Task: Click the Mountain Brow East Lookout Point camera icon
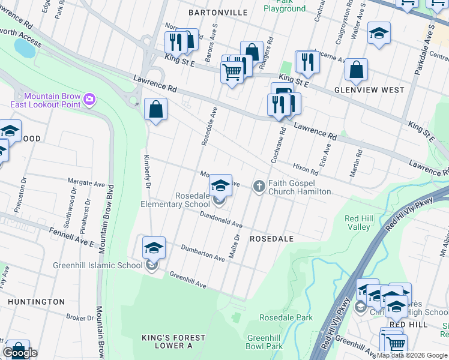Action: pyautogui.click(x=89, y=98)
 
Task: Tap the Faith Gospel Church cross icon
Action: pyautogui.click(x=259, y=186)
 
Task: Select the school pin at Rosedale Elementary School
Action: pyautogui.click(x=220, y=185)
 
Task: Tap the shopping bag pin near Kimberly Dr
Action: pyautogui.click(x=155, y=110)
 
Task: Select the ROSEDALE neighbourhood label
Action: pyautogui.click(x=271, y=239)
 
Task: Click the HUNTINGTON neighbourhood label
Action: pyautogui.click(x=37, y=302)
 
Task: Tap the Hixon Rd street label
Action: pyautogui.click(x=306, y=169)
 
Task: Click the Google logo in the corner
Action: pyautogui.click(x=20, y=353)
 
